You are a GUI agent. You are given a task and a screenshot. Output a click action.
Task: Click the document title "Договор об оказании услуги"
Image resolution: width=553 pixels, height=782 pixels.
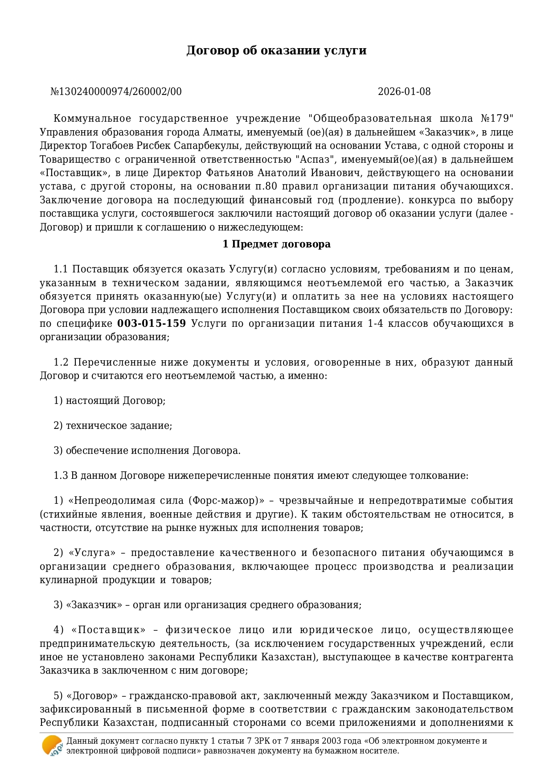276,50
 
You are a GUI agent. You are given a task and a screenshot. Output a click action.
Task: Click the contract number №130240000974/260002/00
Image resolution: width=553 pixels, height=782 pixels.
116,92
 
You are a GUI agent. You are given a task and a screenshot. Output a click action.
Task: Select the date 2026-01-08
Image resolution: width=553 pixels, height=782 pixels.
404,92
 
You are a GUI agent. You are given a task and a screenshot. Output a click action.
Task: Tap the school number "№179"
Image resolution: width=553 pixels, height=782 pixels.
497,119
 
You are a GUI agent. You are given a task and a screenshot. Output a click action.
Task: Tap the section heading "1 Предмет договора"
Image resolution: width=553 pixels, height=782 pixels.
276,244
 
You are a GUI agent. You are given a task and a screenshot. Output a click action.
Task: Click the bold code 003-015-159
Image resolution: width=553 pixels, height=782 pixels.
152,324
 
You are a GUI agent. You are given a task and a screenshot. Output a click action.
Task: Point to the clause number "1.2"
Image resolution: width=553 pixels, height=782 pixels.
61,362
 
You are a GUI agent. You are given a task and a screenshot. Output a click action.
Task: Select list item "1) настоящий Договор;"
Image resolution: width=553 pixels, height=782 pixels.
110,401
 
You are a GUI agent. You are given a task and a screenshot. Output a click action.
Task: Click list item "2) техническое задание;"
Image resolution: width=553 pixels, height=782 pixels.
113,426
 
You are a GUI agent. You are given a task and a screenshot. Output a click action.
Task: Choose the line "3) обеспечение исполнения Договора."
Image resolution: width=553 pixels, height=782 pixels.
147,451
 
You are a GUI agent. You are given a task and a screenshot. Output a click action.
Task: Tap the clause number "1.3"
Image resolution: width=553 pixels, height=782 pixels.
61,476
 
